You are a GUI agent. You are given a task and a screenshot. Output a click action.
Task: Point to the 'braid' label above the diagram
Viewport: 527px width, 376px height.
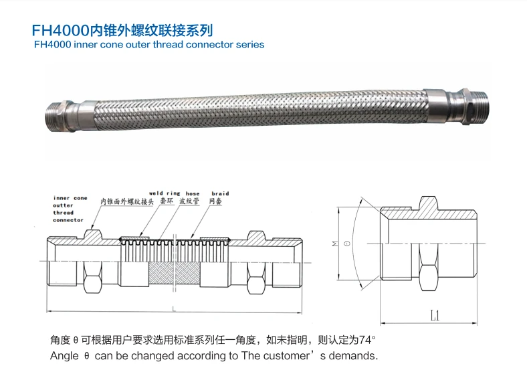click(220, 194)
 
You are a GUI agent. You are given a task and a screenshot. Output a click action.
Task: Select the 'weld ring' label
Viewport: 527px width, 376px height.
click(165, 193)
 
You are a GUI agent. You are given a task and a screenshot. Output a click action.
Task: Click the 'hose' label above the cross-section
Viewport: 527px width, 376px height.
click(193, 194)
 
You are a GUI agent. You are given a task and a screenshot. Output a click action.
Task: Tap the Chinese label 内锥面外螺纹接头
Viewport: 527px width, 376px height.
click(127, 201)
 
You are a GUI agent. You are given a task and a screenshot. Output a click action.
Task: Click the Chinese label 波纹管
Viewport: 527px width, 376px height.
click(189, 201)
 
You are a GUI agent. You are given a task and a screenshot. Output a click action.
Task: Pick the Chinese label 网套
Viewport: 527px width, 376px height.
click(215, 201)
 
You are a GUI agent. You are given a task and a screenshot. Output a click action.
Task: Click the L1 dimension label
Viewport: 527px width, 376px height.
click(435, 316)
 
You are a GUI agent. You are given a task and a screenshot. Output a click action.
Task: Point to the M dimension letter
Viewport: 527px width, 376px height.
click(335, 243)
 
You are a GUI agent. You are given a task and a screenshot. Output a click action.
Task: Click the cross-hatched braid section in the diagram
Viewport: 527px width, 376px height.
click(175, 273)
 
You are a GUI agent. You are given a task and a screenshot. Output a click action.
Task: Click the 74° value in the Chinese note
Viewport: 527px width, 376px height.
click(367, 340)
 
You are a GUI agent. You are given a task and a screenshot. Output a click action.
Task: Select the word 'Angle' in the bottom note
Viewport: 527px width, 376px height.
click(64, 356)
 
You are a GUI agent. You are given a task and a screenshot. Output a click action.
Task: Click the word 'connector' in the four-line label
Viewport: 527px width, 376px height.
click(68, 220)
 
